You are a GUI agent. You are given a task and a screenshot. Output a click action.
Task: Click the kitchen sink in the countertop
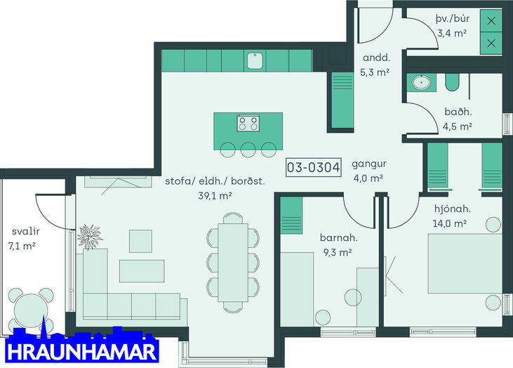click(255, 61)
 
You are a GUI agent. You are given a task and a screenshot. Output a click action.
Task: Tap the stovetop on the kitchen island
click(248, 123)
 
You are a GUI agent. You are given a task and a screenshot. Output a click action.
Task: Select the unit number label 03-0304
click(314, 167)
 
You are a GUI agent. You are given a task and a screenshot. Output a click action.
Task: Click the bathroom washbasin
click(421, 82)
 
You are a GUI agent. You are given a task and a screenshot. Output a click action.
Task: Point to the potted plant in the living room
click(89, 237)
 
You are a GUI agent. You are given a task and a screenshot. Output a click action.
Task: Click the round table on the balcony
click(31, 310)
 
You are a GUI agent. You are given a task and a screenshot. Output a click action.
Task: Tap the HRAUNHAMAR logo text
click(81, 352)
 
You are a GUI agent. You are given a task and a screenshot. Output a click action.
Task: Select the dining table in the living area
click(233, 262)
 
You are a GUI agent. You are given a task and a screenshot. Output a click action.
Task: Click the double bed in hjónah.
click(465, 263)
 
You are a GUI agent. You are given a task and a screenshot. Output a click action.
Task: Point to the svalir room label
click(25, 232)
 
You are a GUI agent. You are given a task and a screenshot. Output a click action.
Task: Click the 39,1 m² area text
click(215, 196)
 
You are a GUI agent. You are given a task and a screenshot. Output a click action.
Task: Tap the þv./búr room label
click(453, 19)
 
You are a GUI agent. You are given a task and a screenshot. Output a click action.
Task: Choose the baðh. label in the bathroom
click(458, 112)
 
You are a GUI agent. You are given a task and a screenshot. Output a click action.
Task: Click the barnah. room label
click(339, 237)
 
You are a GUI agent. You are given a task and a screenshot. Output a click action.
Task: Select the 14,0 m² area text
click(450, 223)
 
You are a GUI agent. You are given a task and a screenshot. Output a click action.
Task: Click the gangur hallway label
click(369, 164)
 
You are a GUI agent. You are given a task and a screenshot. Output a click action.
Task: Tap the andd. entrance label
click(376, 58)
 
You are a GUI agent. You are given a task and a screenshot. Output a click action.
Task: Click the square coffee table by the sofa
click(140, 242)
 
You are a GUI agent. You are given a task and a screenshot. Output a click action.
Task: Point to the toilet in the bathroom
click(452, 82)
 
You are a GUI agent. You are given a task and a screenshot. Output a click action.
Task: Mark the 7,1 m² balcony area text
click(22, 246)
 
